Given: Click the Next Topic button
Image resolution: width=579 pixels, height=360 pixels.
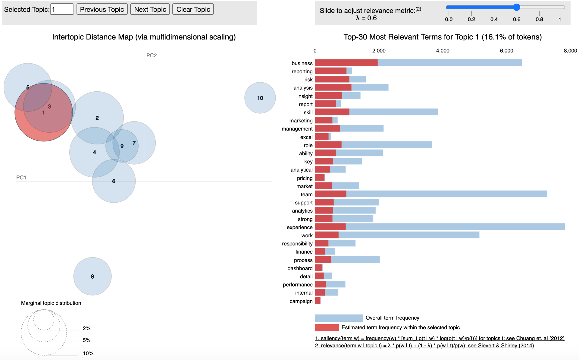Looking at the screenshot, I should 150,9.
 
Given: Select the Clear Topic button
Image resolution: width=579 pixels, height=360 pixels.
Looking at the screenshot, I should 193,9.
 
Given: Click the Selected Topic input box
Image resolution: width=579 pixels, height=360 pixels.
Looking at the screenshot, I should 62,9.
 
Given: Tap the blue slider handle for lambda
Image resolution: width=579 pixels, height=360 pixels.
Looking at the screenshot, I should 517,7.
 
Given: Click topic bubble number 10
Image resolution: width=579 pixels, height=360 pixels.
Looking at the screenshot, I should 260,98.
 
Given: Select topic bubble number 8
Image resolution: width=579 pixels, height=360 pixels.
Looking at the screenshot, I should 92,276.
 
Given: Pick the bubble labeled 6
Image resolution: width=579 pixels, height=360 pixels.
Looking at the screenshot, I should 114,181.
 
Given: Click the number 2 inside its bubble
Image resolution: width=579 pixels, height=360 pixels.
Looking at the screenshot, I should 97,118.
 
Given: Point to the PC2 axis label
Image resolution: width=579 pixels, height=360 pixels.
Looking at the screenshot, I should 152,55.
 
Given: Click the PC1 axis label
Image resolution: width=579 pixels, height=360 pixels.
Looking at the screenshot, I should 21,178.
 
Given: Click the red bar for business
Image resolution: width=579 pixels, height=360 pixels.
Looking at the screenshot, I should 346,63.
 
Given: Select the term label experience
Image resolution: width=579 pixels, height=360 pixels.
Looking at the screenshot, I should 299,227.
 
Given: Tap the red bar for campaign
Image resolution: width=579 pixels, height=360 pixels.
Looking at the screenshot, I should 318,301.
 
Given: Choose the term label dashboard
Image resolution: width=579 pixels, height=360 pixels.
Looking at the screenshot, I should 300,268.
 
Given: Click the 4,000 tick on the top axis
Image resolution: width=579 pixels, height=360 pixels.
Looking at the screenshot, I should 443,51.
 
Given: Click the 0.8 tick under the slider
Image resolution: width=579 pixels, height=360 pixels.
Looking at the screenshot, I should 539,19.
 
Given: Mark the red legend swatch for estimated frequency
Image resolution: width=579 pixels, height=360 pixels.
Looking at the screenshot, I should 327,327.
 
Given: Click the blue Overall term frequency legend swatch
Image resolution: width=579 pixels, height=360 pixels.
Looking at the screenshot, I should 339,318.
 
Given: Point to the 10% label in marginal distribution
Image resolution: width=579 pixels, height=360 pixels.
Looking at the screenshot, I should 88,353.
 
